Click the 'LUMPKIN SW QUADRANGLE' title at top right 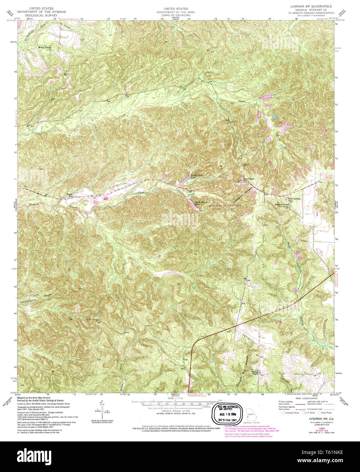[310, 6]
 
